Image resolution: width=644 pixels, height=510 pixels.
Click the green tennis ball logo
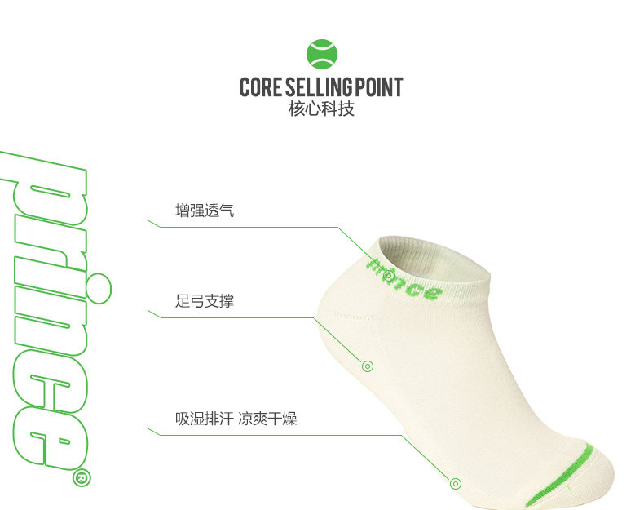[321, 54]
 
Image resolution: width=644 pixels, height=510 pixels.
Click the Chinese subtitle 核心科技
[321, 109]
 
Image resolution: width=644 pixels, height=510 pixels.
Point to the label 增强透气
[205, 211]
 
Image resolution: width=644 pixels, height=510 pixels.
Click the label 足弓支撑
[205, 301]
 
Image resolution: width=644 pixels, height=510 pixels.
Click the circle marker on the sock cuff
[389, 276]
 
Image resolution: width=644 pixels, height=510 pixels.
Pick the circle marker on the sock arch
[368, 366]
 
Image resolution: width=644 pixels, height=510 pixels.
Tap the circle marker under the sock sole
[456, 483]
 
